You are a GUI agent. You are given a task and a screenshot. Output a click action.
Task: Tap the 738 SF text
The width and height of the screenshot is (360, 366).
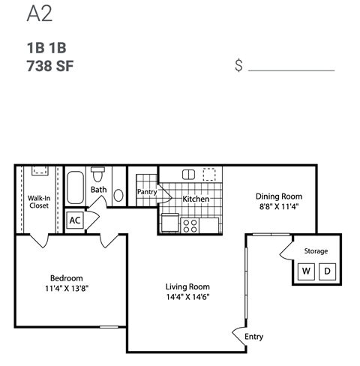(49, 64)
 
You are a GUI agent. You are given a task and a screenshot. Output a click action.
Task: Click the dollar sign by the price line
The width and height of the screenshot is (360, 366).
(238, 65)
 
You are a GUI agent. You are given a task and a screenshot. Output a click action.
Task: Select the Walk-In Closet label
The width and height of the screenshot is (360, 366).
(39, 202)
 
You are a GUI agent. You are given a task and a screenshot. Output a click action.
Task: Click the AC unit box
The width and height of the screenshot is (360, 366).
(75, 220)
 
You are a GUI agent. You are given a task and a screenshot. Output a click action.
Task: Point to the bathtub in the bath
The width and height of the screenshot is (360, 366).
(76, 187)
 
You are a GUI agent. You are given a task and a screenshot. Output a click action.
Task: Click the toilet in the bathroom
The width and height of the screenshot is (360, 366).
(97, 173)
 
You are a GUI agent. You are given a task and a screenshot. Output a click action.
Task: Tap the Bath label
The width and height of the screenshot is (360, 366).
(99, 190)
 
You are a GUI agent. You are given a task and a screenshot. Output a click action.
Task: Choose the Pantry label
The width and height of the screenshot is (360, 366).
(146, 192)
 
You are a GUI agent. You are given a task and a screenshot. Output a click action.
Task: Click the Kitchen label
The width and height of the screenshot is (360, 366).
(196, 199)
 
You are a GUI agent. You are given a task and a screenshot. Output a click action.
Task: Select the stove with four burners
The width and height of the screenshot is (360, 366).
(190, 224)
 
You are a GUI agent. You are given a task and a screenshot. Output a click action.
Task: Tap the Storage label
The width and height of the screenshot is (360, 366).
(316, 250)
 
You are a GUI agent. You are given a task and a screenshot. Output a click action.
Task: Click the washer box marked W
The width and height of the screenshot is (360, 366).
(306, 271)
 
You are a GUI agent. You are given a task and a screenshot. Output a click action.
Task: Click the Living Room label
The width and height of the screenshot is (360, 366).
(187, 286)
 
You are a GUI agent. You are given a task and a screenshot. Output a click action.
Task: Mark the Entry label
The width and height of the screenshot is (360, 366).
(254, 337)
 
